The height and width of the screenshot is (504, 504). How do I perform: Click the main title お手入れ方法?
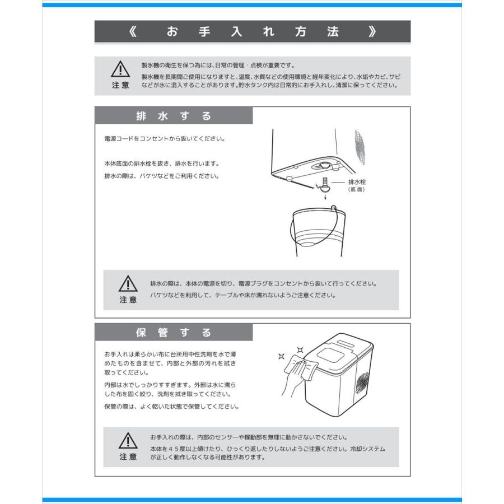pos(253,32)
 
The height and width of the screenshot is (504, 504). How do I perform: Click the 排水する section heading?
pos(174,116)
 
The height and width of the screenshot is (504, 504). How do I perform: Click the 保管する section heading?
pos(174,333)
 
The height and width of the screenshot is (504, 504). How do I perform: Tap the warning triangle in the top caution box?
pos(120,69)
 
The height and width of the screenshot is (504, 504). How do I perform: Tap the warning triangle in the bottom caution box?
pos(128,441)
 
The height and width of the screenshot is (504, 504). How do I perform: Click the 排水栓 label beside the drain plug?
pos(357,183)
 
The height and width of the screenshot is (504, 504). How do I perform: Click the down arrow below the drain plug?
pos(325,197)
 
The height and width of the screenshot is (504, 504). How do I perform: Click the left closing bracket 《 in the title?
pos(132,32)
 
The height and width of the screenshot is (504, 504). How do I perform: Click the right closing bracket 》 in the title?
pos(372,32)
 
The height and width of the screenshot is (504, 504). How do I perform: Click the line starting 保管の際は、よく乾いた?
pos(172,407)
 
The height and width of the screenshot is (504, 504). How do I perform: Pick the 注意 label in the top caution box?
pos(120,85)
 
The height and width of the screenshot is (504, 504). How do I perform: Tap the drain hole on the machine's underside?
pos(324,165)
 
